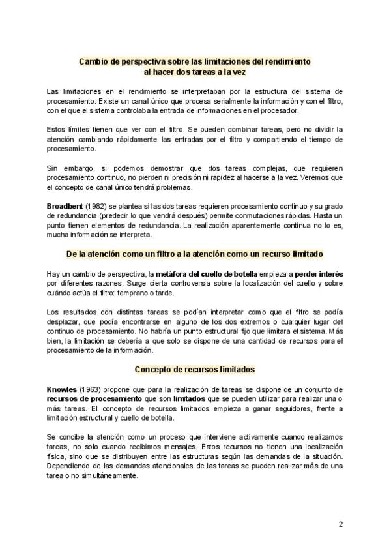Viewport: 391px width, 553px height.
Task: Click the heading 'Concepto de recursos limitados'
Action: pyautogui.click(x=195, y=369)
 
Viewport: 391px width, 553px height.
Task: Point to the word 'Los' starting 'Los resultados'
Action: pyautogui.click(x=53, y=312)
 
